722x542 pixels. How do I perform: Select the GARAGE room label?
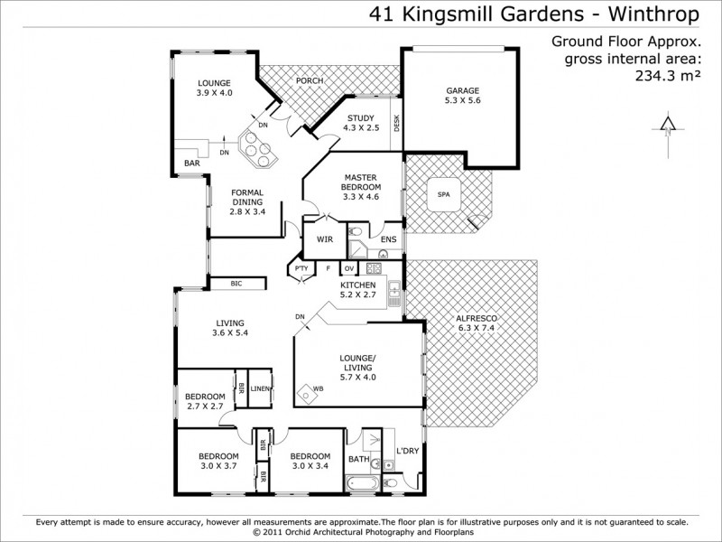pyautogui.click(x=463, y=90)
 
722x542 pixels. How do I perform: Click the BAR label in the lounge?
pyautogui.click(x=192, y=164)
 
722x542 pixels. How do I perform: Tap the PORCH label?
pyautogui.click(x=309, y=80)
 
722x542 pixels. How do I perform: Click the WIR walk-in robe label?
pyautogui.click(x=325, y=240)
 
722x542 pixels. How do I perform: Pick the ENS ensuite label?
pyautogui.click(x=388, y=239)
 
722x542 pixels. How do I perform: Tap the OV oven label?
pyautogui.click(x=348, y=268)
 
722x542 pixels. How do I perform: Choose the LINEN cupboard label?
pyautogui.click(x=260, y=389)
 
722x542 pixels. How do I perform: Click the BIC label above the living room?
pyautogui.click(x=236, y=284)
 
